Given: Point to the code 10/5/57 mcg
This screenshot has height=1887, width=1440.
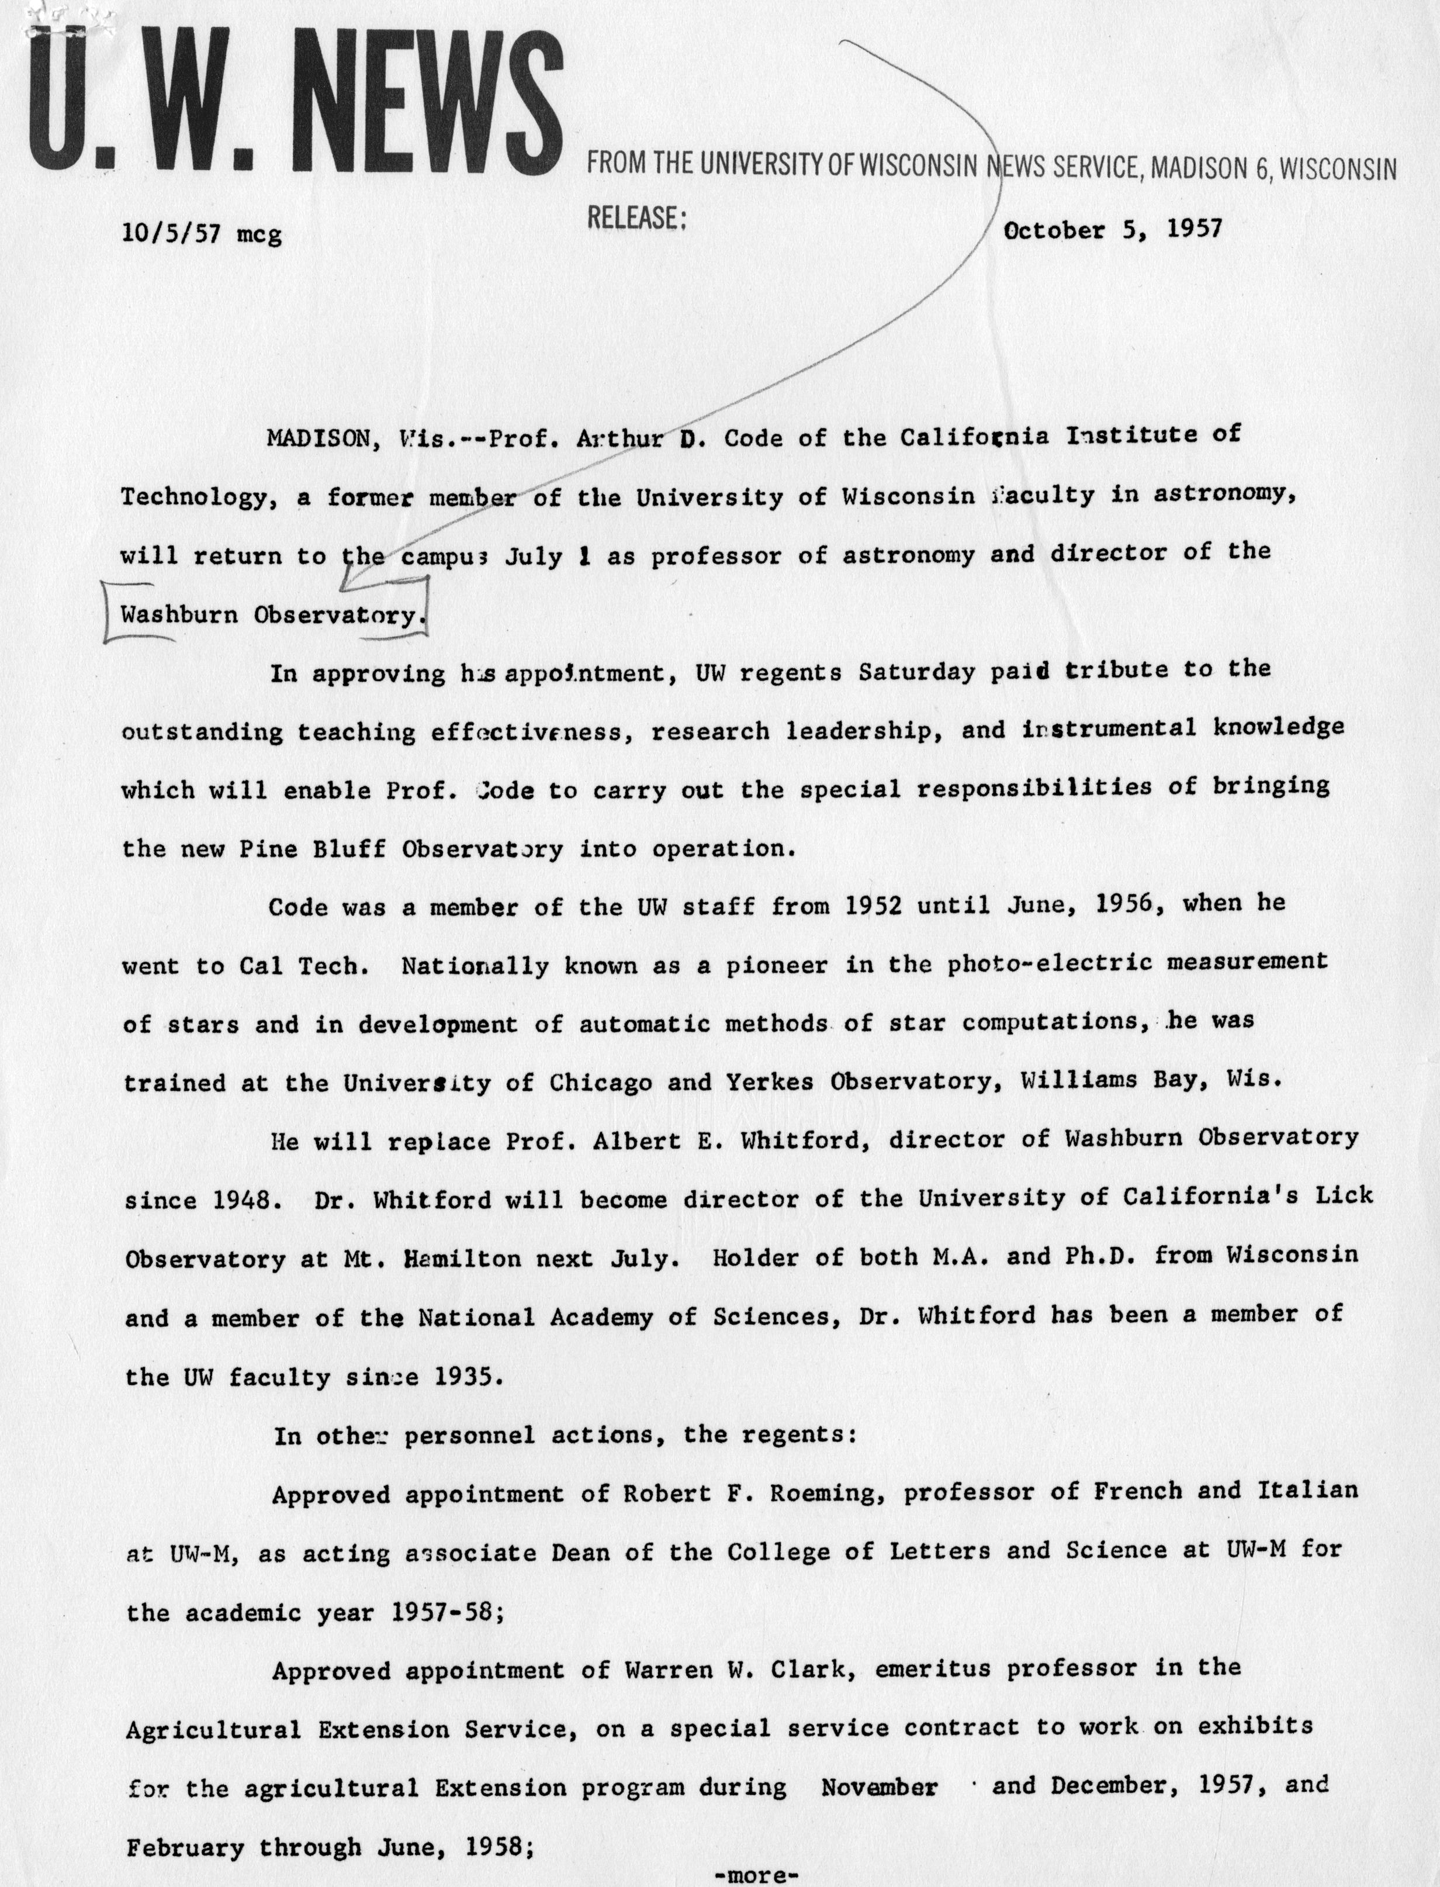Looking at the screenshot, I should (202, 233).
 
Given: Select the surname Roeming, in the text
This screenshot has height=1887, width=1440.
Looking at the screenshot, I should (823, 1494).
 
